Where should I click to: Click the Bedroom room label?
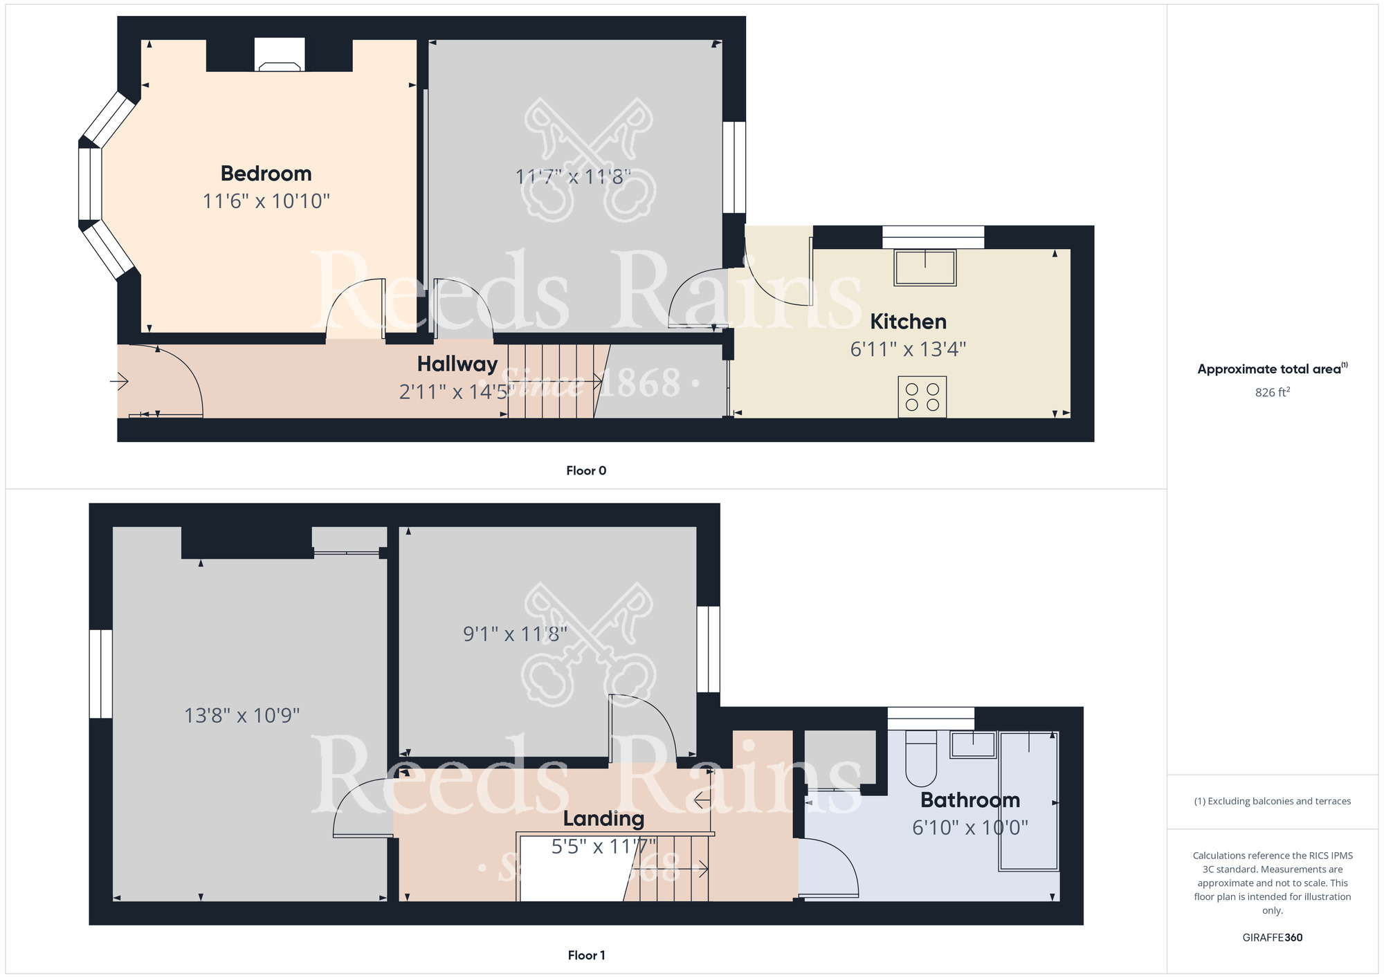tap(266, 174)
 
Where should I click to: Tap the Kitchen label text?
tap(908, 322)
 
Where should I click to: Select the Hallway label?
tap(457, 365)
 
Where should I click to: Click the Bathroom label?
tap(970, 800)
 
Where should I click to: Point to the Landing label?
tap(603, 819)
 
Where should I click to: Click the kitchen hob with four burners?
tap(922, 397)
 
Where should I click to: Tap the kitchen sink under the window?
tap(925, 268)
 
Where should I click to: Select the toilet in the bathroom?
tap(920, 759)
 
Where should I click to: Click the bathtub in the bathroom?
tap(1028, 801)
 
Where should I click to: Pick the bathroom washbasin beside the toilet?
tap(973, 745)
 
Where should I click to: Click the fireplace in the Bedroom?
tap(280, 55)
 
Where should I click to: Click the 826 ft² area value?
tap(1273, 392)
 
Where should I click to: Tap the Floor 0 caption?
tap(586, 471)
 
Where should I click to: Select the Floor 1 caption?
tap(586, 955)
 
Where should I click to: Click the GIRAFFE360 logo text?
tap(1273, 938)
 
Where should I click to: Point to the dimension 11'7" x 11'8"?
tap(573, 177)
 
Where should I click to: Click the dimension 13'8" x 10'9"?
tap(242, 715)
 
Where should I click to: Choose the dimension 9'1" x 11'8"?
tap(515, 634)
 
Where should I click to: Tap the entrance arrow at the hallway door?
tap(119, 381)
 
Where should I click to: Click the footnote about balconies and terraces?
tap(1273, 801)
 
